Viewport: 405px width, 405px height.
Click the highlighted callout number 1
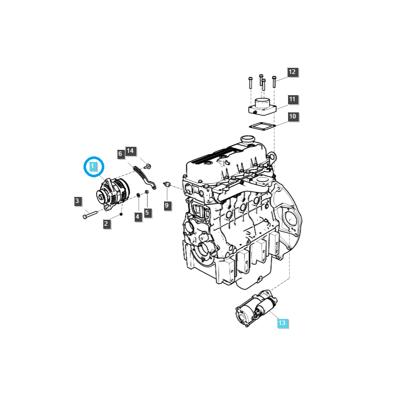coord(94,167)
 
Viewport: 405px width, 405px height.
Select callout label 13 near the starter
coord(282,322)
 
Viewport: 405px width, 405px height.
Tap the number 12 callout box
coord(293,72)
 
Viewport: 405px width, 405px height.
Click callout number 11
coord(293,99)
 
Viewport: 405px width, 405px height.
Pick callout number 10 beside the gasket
coord(293,117)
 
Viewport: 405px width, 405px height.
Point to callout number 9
coord(167,205)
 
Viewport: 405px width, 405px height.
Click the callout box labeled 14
coord(130,151)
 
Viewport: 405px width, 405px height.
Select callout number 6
coord(120,153)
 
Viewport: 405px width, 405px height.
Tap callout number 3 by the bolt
coord(77,201)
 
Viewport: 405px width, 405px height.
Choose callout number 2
coord(106,224)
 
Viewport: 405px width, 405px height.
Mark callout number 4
coord(137,217)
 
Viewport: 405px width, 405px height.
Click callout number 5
coord(147,213)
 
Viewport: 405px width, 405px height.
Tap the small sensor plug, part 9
coord(168,185)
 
